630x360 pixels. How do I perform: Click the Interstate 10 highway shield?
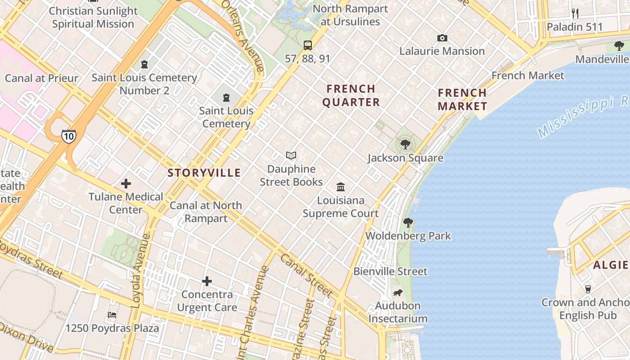(x=69, y=136)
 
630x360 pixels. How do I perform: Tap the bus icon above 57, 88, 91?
(x=308, y=45)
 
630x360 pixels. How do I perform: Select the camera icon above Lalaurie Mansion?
(x=442, y=38)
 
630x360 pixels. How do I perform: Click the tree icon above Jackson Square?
(x=405, y=144)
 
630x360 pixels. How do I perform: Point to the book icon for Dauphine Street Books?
(x=291, y=156)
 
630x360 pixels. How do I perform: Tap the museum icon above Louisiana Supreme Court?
(x=341, y=187)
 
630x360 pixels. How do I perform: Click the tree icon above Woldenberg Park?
(x=408, y=222)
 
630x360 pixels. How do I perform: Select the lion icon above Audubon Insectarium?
(x=398, y=293)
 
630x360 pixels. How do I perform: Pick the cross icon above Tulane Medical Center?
(x=126, y=184)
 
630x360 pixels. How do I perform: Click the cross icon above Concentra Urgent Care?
(x=207, y=281)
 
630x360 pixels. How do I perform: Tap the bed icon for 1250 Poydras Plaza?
(x=112, y=315)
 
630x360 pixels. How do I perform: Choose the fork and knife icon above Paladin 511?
(x=575, y=13)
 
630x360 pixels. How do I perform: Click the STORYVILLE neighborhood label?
(x=204, y=173)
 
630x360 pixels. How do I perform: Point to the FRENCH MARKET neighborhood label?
(x=463, y=100)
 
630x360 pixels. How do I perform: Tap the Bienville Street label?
(x=390, y=271)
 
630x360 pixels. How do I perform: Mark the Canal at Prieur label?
(x=41, y=78)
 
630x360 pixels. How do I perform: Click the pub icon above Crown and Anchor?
(x=588, y=289)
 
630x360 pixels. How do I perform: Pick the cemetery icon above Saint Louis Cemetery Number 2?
(x=144, y=64)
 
